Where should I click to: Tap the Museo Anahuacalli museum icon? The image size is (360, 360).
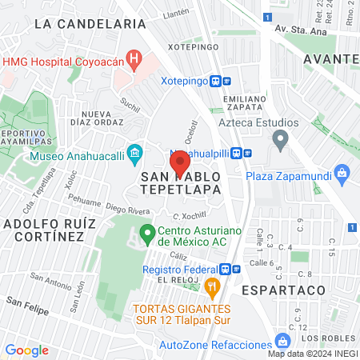135,153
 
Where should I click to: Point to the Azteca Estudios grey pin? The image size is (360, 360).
280,142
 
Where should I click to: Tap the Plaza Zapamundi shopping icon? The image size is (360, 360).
342,172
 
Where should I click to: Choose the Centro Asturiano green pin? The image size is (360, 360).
147,234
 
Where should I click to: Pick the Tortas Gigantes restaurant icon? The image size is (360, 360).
212,286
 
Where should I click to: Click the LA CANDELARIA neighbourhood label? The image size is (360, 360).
90,25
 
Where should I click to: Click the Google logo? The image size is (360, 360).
27,350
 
